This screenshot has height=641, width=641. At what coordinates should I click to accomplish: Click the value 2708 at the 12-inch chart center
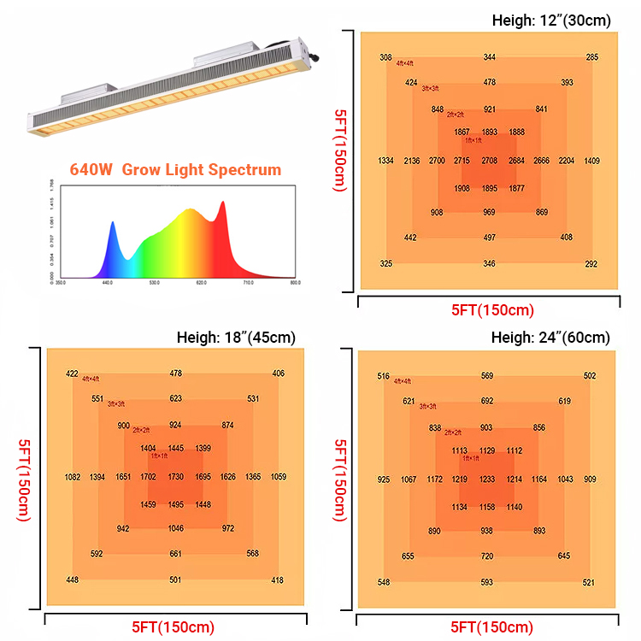489,161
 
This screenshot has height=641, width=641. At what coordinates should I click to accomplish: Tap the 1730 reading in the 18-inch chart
176,476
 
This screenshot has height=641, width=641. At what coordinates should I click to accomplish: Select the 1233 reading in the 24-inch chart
487,479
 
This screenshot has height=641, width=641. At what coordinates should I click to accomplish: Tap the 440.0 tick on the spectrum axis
108,282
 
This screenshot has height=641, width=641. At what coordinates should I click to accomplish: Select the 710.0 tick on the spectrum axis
249,282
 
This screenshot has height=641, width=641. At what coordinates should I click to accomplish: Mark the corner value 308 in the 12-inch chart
385,57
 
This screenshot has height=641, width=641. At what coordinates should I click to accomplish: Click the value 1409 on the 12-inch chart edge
592,161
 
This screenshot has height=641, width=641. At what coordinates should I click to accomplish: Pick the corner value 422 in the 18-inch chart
73,373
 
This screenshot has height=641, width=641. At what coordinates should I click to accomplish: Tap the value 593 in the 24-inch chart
487,583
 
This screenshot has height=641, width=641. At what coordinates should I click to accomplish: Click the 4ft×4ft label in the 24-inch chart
403,381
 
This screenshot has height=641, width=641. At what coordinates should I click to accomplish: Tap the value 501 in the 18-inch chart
175,580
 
